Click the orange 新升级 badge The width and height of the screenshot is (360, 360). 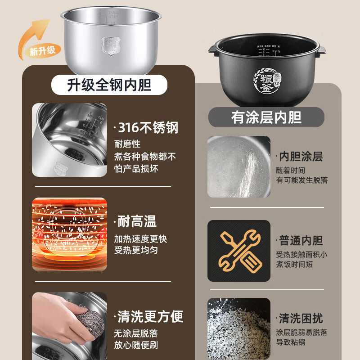click(x=43, y=50)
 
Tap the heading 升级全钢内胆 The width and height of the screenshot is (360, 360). click(x=109, y=84)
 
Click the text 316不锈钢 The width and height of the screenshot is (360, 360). click(x=148, y=128)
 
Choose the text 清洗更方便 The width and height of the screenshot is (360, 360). click(x=150, y=316)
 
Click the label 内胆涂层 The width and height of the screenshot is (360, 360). click(x=301, y=156)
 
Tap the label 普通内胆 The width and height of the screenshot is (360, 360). click(x=301, y=240)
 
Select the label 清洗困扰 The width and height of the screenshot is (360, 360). click(x=301, y=319)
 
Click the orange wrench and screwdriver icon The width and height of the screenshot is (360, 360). click(x=239, y=250)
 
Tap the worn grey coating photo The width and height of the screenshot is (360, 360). click(x=239, y=166)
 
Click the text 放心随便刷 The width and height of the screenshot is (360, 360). click(x=135, y=346)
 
